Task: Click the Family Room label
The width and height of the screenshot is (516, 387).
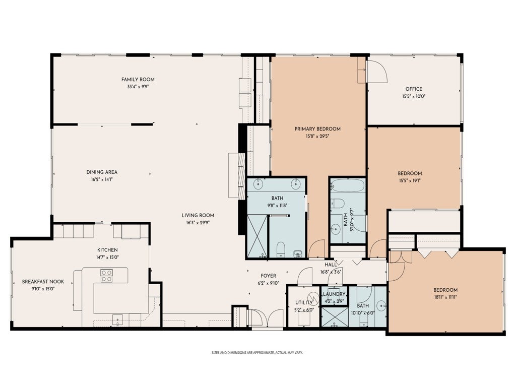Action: point(138,79)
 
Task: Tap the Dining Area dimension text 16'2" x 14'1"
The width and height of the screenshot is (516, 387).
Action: point(102,179)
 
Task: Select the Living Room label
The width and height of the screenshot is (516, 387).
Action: point(198,215)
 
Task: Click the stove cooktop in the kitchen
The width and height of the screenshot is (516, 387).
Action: point(106,276)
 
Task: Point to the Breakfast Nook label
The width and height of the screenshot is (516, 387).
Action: point(43,281)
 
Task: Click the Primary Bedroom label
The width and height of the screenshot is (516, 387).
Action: point(317,128)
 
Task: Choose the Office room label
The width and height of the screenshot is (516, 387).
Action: point(414,89)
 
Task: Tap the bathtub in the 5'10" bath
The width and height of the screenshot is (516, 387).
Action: point(348,185)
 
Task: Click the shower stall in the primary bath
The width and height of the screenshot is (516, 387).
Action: point(257,236)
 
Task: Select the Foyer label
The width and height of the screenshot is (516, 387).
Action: point(269,276)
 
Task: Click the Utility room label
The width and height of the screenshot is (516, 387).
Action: point(304,302)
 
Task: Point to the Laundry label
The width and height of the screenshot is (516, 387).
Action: point(334,294)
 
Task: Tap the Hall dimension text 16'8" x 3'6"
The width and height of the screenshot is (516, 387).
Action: point(331,272)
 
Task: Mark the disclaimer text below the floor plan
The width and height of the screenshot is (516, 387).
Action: point(257,352)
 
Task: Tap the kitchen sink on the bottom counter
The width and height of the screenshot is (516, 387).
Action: point(117,319)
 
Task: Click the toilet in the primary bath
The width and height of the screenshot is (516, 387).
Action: point(281,249)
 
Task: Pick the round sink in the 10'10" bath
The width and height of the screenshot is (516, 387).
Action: point(381,306)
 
